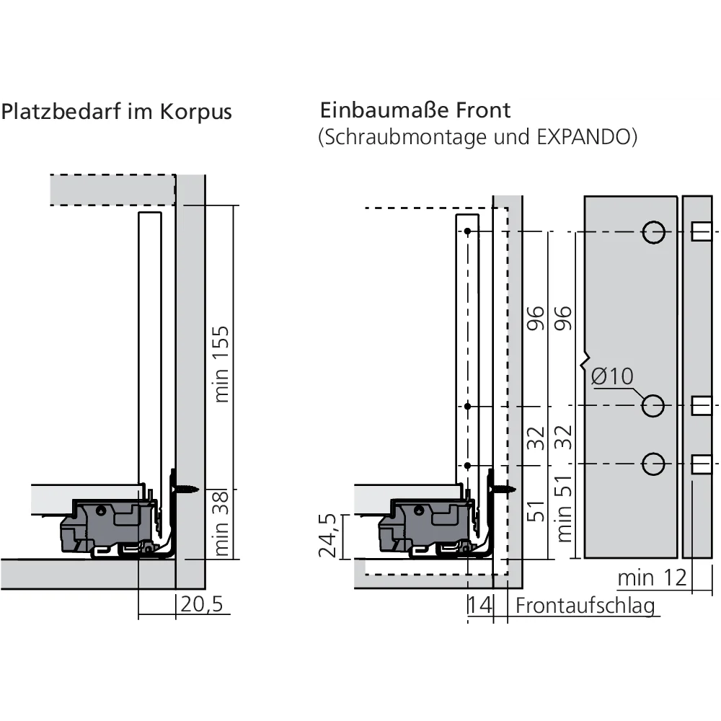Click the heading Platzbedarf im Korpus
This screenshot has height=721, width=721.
pyautogui.click(x=117, y=112)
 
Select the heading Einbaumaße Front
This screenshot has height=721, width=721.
pyautogui.click(x=415, y=110)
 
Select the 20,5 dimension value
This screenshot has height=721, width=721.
pyautogui.click(x=202, y=604)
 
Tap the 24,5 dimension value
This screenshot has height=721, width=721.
pyautogui.click(x=328, y=536)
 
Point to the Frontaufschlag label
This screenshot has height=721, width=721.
pyautogui.click(x=585, y=605)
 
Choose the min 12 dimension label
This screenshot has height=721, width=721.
pyautogui.click(x=652, y=578)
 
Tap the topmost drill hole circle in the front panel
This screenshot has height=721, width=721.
pyautogui.click(x=653, y=232)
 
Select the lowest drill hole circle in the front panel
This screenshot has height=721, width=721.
pyautogui.click(x=653, y=464)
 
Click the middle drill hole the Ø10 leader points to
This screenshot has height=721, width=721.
pyautogui.click(x=653, y=406)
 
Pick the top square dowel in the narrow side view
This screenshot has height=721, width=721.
pyautogui.click(x=701, y=232)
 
